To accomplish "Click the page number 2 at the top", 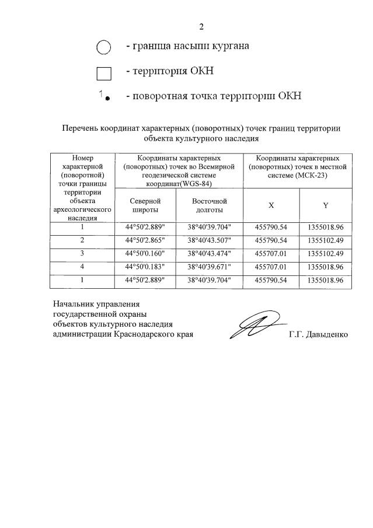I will (x=201, y=26).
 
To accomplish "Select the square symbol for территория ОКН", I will (x=103, y=73).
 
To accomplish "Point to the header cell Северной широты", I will (x=145, y=205).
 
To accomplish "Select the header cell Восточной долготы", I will (x=209, y=205).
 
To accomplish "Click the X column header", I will (x=271, y=205).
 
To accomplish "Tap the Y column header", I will (x=326, y=205).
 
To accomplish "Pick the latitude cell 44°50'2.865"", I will (x=145, y=240).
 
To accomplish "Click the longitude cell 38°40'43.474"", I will (x=209, y=254).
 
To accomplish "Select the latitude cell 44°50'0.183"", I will (x=145, y=267).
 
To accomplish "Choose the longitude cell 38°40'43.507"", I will (x=209, y=240).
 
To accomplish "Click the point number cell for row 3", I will (x=82, y=254).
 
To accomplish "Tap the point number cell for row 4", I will (x=82, y=267).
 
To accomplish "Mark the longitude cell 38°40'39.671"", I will (x=209, y=267).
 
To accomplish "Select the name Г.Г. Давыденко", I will (x=318, y=335).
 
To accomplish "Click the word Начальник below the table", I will (x=72, y=304).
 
